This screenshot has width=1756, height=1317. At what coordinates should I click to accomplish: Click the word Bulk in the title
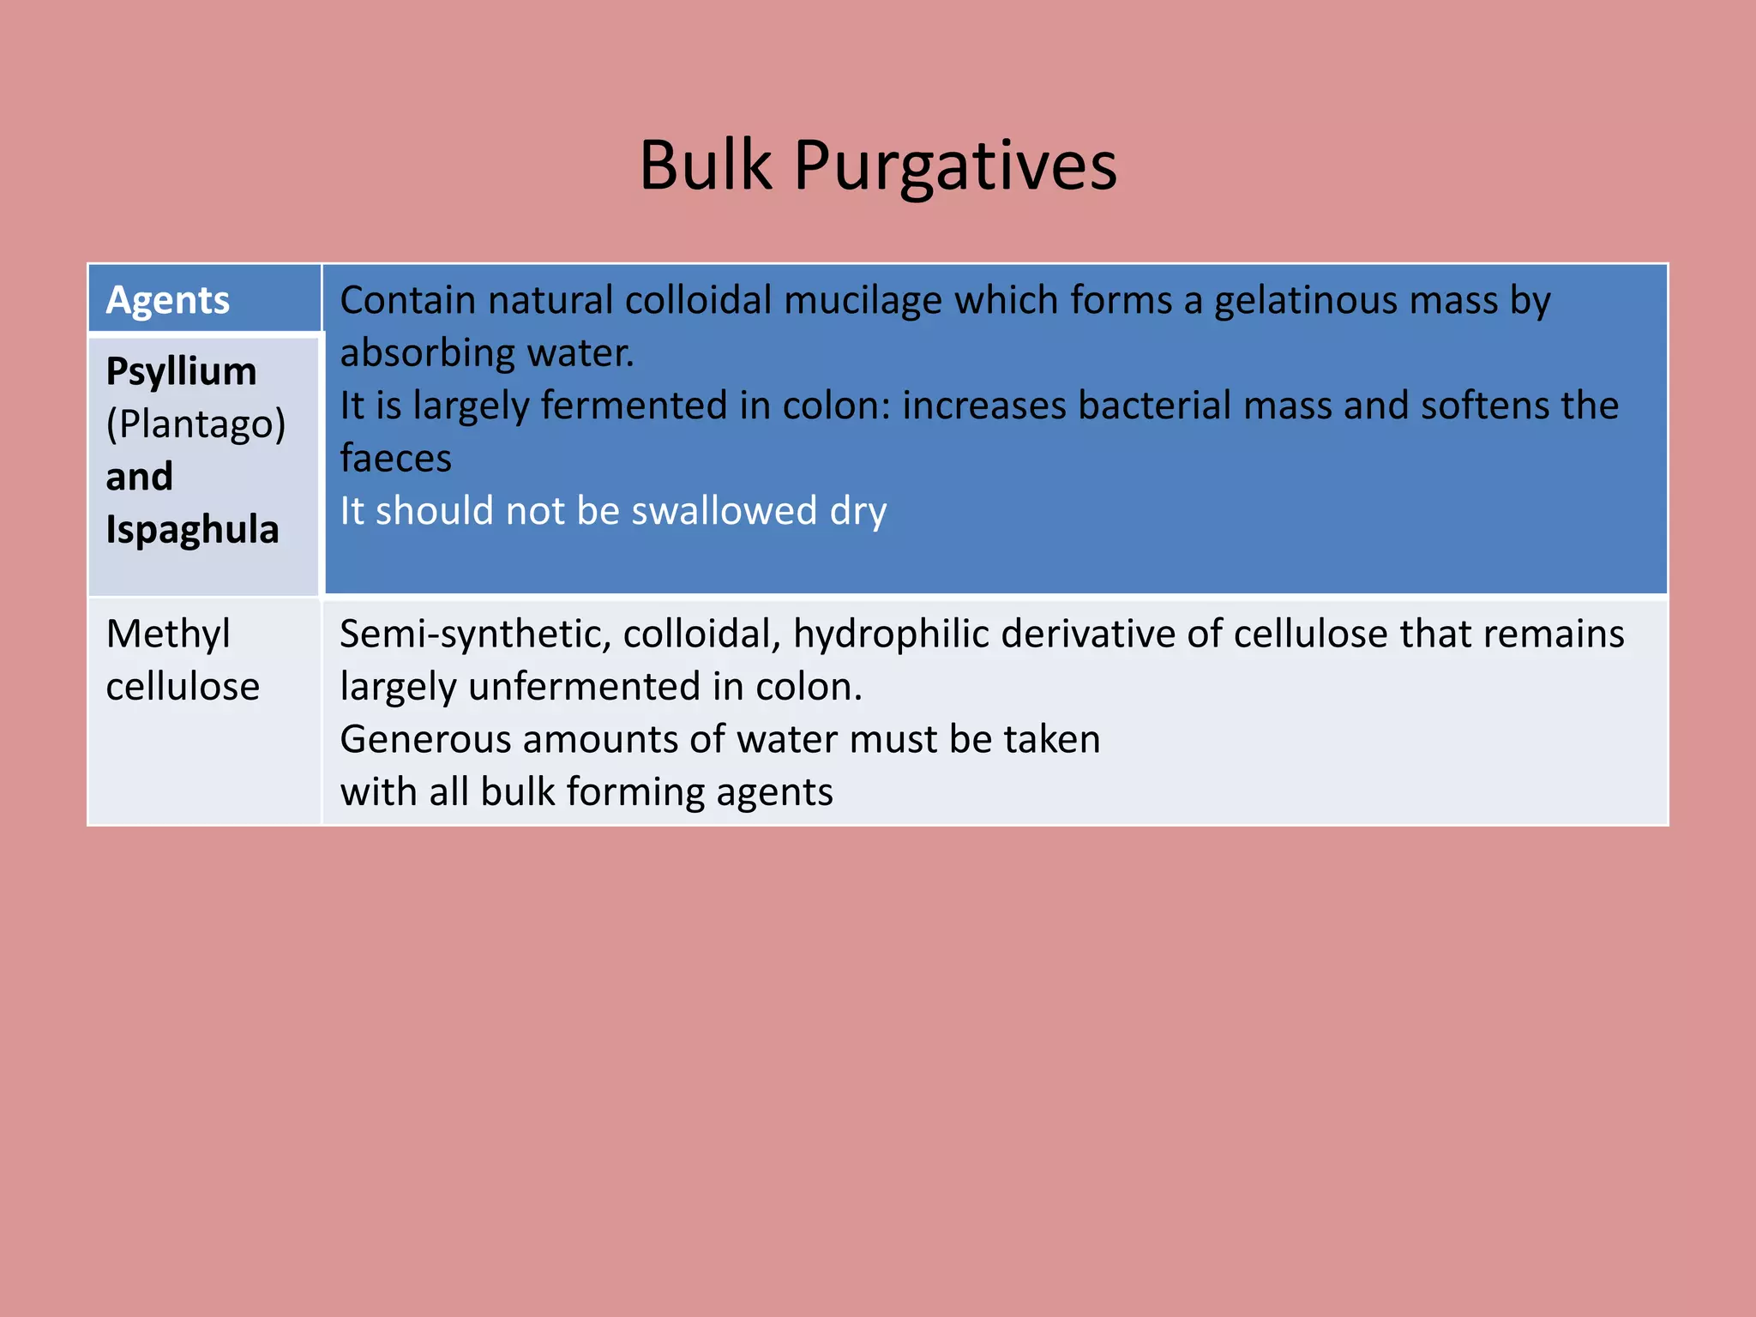click(x=705, y=165)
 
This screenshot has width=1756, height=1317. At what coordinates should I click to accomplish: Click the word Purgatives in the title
click(x=954, y=166)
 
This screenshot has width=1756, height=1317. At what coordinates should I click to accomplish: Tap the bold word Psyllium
click(x=181, y=372)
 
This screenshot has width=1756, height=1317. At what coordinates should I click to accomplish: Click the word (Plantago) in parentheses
click(x=195, y=424)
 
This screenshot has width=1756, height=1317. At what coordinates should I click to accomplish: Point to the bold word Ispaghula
click(x=192, y=530)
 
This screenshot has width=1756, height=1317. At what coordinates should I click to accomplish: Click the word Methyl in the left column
click(x=168, y=634)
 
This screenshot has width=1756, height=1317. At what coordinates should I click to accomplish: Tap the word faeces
click(x=395, y=459)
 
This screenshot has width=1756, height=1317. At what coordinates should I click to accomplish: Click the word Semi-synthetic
click(x=475, y=634)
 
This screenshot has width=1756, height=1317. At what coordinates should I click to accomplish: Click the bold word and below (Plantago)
click(x=139, y=477)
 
